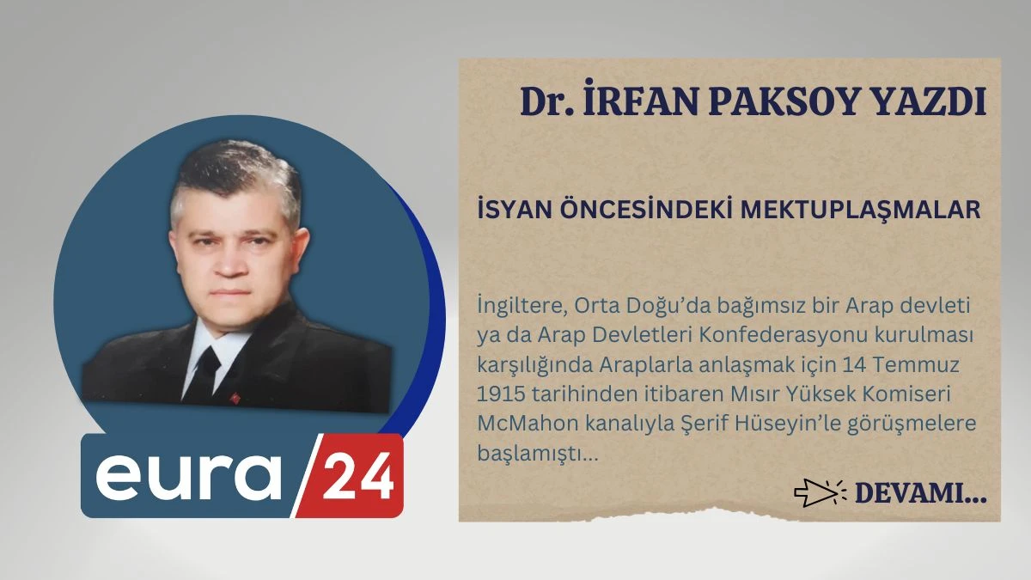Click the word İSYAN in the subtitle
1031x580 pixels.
[x=508, y=210]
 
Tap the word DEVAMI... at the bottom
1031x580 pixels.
[x=920, y=493]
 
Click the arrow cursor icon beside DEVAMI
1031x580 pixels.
[x=815, y=493]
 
